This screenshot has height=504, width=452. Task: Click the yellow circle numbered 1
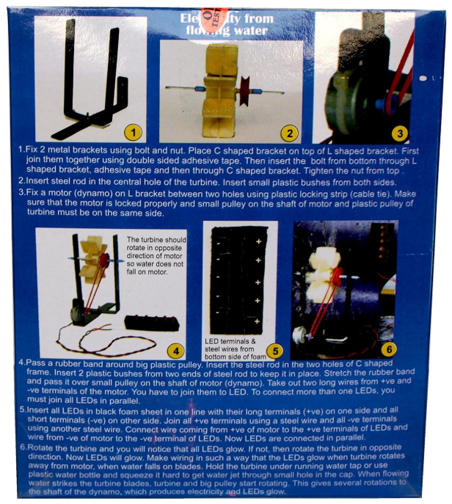point(132,132)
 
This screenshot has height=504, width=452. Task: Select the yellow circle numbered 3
point(420,132)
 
